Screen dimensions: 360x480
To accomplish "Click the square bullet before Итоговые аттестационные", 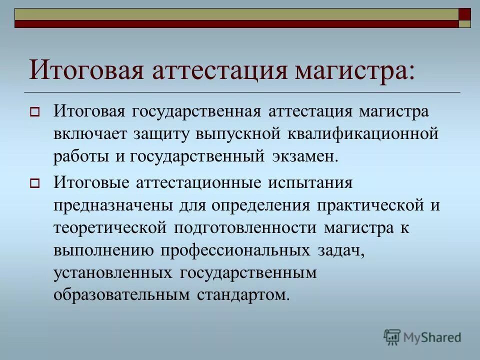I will [34, 183].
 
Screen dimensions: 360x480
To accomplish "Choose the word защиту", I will [162, 134].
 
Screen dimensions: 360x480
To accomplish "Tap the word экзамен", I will [305, 157].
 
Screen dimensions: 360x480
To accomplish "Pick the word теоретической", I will [109, 228].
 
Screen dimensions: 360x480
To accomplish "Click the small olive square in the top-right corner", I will [465, 23].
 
